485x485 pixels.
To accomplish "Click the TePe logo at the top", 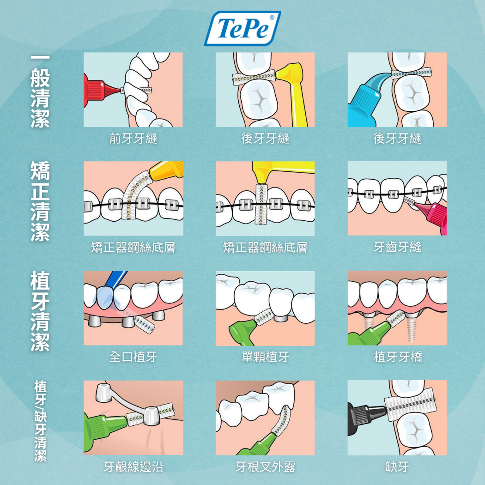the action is tap(242, 29).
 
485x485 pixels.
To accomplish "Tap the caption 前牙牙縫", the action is tap(133, 138).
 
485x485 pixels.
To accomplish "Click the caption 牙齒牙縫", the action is tap(397, 247).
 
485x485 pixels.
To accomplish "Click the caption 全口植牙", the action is tap(133, 357).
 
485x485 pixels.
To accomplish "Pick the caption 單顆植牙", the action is tap(266, 357).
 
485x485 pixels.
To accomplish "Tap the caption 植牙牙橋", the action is tap(398, 357).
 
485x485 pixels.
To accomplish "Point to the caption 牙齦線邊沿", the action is tap(133, 467).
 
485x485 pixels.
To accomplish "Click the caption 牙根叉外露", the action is tap(266, 467).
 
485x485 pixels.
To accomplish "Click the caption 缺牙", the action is tap(397, 467).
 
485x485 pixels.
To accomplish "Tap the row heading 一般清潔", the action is tap(40, 92).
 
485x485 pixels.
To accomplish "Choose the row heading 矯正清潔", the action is tap(40, 201).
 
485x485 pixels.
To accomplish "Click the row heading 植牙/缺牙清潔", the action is tap(40, 421).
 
